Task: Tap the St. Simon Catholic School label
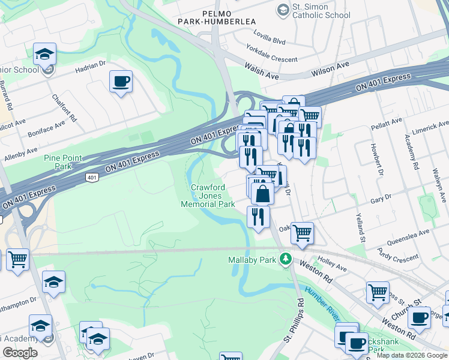(x=321, y=11)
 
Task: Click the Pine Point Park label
(x=62, y=162)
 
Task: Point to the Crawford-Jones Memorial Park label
(x=208, y=196)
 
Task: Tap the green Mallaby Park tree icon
(x=287, y=259)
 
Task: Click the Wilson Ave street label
(x=330, y=68)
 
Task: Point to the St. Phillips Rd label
(x=299, y=322)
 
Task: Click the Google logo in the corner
(x=20, y=353)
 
